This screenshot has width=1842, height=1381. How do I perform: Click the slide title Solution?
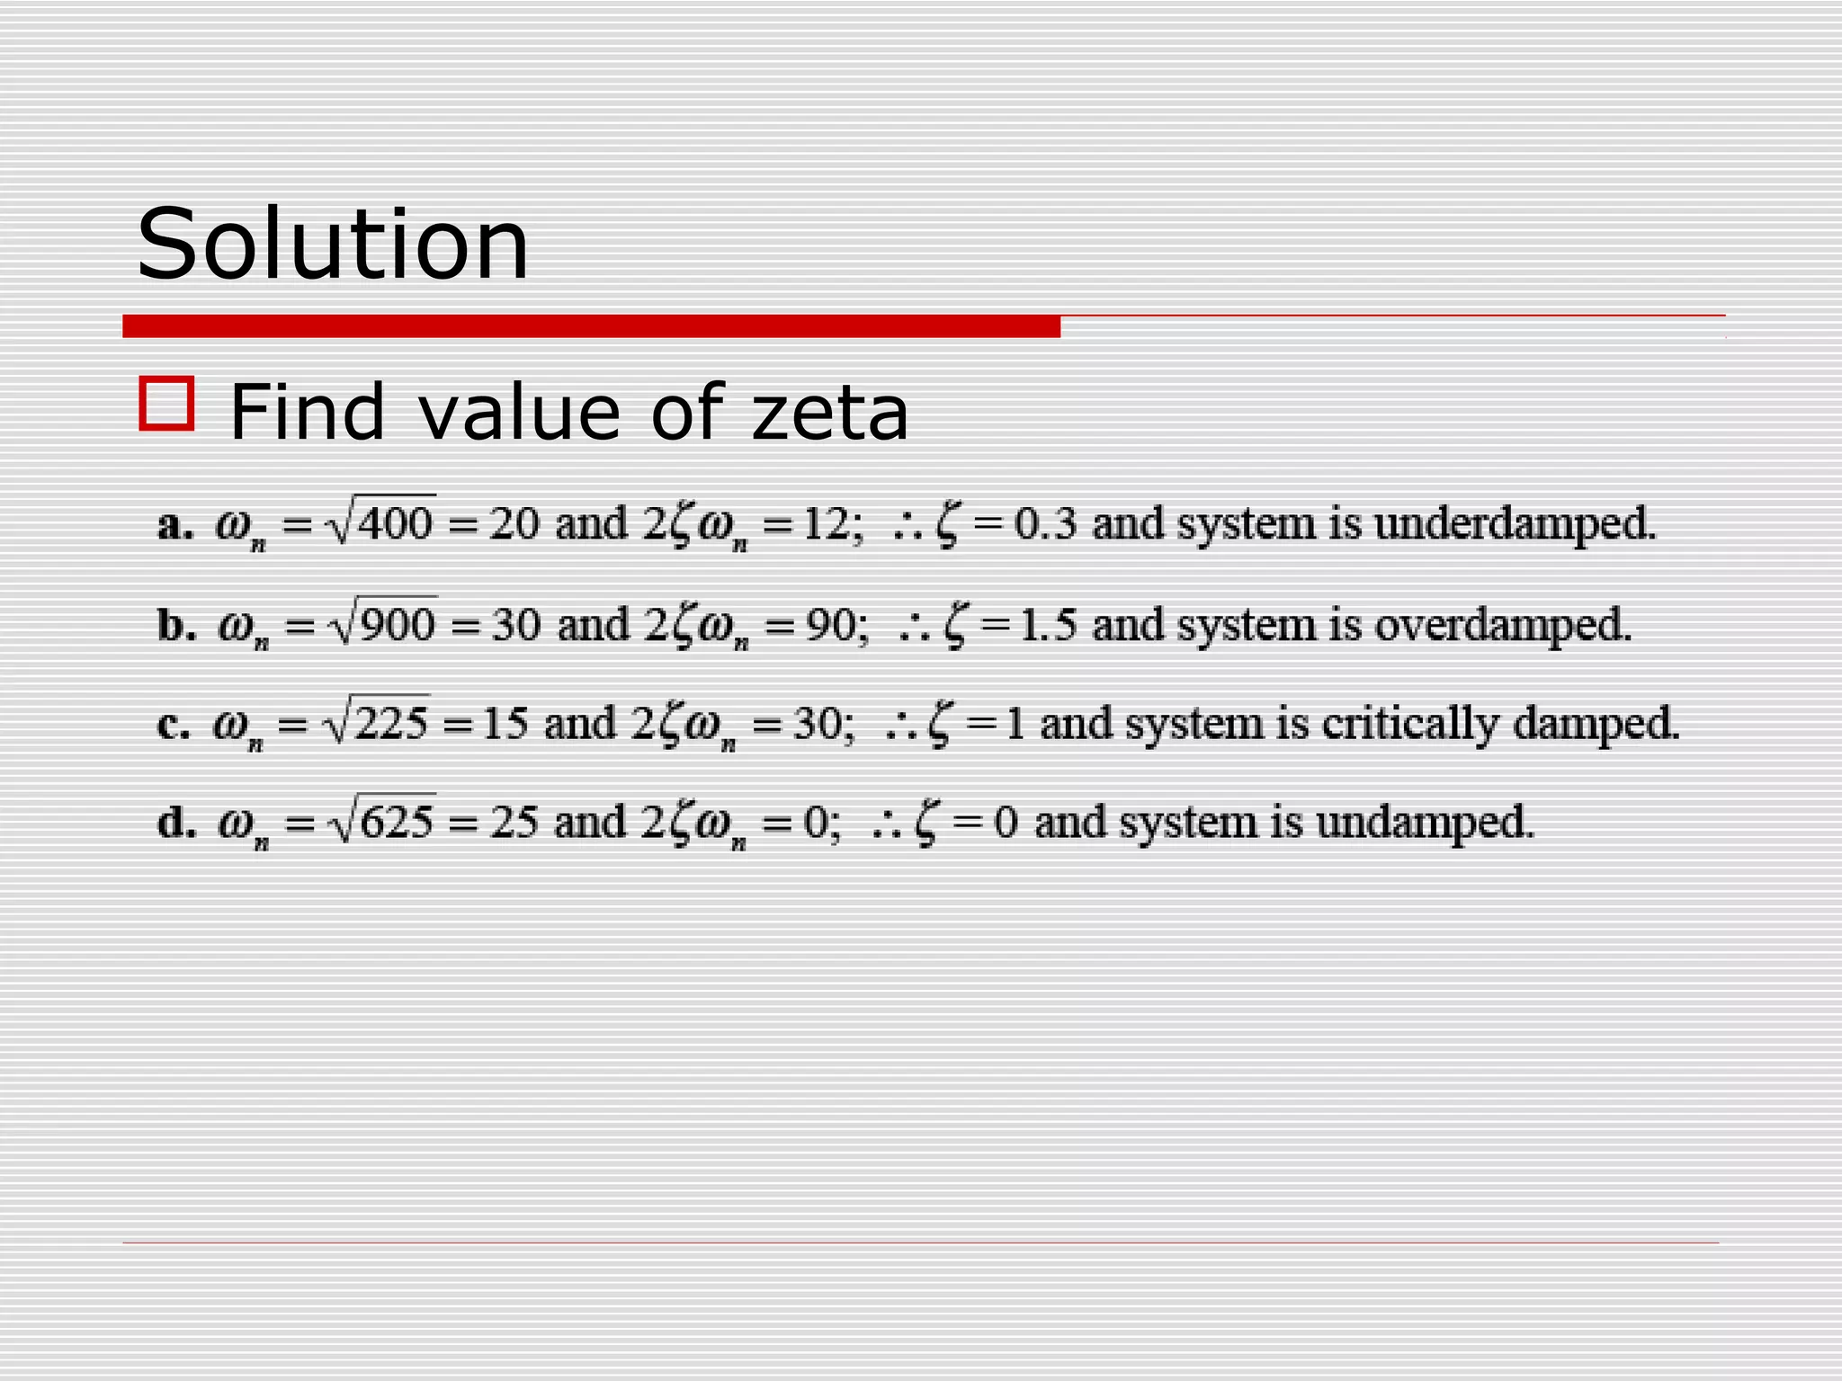pyautogui.click(x=333, y=244)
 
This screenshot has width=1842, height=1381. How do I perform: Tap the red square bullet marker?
pyautogui.click(x=166, y=405)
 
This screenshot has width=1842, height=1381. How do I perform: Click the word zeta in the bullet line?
pyautogui.click(x=829, y=413)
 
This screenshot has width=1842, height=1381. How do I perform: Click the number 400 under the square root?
pyautogui.click(x=395, y=523)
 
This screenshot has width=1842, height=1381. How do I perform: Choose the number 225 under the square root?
pyautogui.click(x=391, y=723)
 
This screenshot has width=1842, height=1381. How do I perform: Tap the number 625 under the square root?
pyautogui.click(x=397, y=822)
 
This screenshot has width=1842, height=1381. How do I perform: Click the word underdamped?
pyautogui.click(x=1515, y=523)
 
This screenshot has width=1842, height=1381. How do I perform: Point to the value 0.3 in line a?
pyautogui.click(x=1045, y=523)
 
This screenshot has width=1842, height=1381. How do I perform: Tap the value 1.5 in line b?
pyautogui.click(x=1048, y=624)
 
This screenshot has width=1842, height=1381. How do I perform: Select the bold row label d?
pyautogui.click(x=176, y=822)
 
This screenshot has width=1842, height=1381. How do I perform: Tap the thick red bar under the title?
pyautogui.click(x=591, y=326)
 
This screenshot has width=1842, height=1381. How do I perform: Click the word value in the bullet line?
pyautogui.click(x=519, y=413)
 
